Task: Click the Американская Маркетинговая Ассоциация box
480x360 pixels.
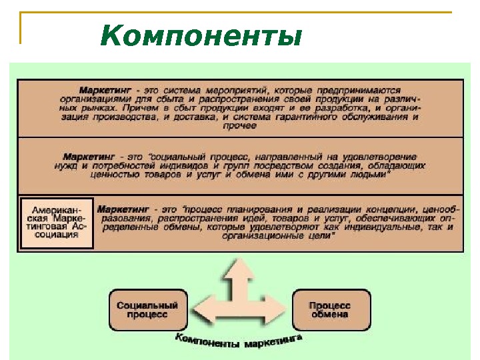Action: (x=56, y=223)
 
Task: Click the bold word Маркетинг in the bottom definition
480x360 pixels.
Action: (x=121, y=209)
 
